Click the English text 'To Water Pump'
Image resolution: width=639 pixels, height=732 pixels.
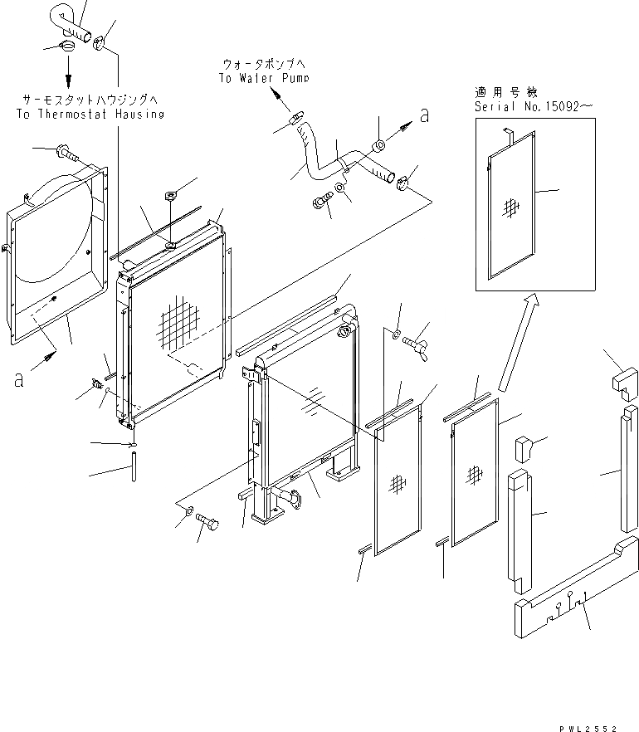264,78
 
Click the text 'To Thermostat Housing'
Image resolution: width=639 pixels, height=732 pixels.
90,114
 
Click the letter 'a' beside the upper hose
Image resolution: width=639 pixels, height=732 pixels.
425,116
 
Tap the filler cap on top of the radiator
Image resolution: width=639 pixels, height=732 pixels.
171,197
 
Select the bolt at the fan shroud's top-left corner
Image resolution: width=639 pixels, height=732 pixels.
66,152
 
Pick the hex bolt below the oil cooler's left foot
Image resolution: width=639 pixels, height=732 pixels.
207,525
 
